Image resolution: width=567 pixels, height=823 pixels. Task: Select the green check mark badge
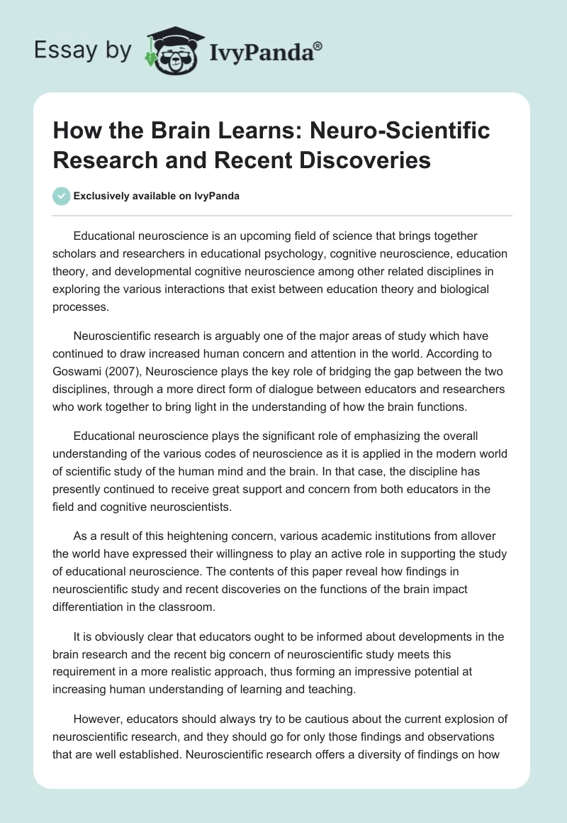[62, 197]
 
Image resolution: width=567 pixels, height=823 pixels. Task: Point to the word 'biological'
[474, 290]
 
